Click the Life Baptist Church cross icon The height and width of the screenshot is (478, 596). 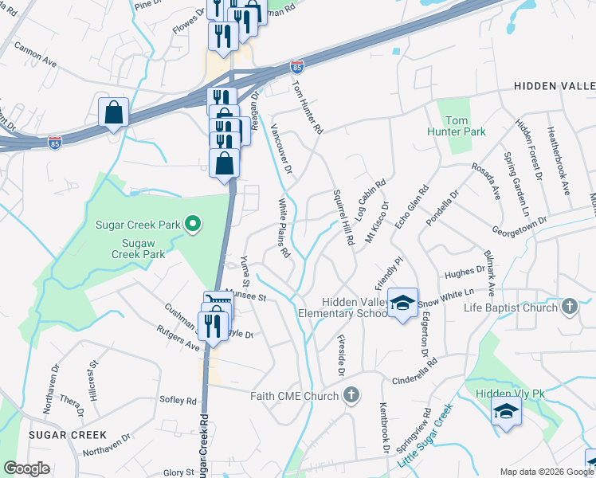pos(569,307)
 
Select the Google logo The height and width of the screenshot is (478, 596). pos(26,468)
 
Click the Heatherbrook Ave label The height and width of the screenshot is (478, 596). pos(557,161)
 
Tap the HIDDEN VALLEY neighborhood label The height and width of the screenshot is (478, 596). pos(555,85)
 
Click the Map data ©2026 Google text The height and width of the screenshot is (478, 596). pos(545,472)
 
